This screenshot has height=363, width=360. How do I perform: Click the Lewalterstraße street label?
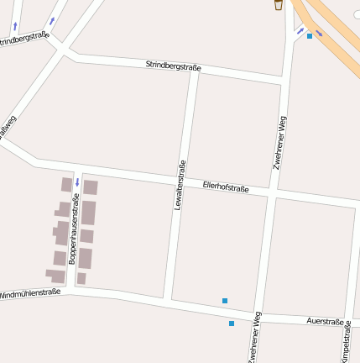pyautogui.click(x=179, y=184)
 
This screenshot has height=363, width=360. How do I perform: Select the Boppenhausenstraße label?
pyautogui.click(x=73, y=229)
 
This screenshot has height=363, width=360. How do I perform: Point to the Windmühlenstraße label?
pyautogui.click(x=30, y=295)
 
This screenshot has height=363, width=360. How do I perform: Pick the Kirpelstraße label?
pyautogui.click(x=346, y=341)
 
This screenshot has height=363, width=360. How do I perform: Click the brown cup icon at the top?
pyautogui.click(x=279, y=5)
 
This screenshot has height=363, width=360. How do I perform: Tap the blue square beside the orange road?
pyautogui.click(x=310, y=36)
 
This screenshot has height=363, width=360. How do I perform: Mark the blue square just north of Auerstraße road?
pyautogui.click(x=225, y=301)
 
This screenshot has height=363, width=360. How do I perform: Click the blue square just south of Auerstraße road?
pyautogui.click(x=232, y=323)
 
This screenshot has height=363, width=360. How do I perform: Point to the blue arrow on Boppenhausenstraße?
pyautogui.click(x=77, y=181)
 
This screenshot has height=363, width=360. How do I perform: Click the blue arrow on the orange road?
pyautogui.click(x=318, y=33)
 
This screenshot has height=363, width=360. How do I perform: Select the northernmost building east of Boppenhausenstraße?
pyautogui.click(x=91, y=187)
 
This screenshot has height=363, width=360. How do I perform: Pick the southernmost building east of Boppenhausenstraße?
pyautogui.click(x=81, y=278)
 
